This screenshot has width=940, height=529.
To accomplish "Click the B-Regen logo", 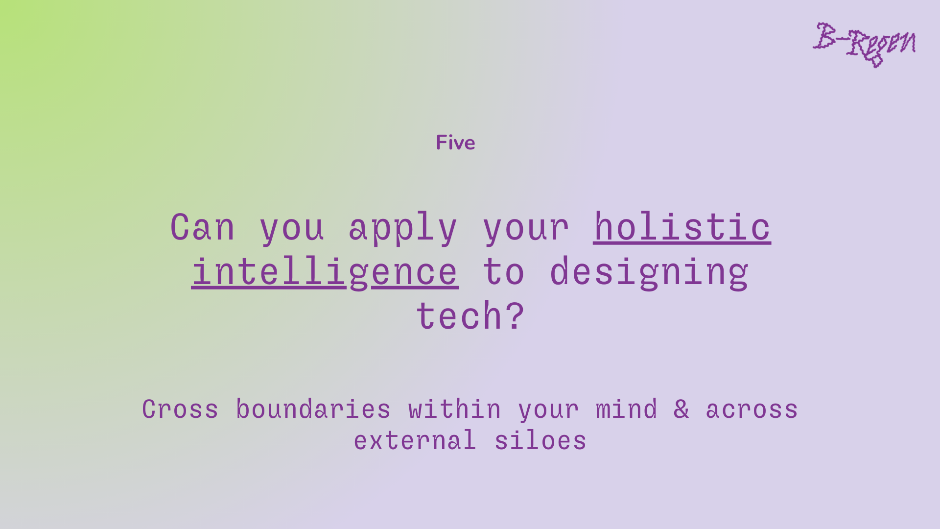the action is pos(864,45).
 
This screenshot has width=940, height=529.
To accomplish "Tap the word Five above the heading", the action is pos(455,143).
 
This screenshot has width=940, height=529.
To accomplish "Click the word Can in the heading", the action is pos(202,227).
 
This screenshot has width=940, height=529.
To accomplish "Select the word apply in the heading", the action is pos(403,228).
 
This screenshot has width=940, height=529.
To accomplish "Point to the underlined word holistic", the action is pos(682,227).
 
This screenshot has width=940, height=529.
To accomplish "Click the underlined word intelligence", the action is pos(325,272).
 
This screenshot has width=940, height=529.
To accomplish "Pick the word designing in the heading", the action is pos(649,272).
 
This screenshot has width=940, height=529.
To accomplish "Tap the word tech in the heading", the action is pos(459,315).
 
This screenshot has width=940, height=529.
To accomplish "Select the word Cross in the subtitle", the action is pos(180,409).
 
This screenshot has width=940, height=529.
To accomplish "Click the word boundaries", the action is pos(313,409).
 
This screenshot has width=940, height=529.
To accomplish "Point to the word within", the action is pos(455,409).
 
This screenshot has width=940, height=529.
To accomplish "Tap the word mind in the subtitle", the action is pos(626,409).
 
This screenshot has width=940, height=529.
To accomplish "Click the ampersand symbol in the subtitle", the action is pos(681,409).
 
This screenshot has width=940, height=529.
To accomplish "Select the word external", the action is pos(415,440).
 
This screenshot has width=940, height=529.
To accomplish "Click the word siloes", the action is pos(540,440).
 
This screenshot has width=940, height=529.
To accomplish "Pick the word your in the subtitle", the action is pos(548,410).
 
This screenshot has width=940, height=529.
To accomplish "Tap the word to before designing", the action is pos(503,272).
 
